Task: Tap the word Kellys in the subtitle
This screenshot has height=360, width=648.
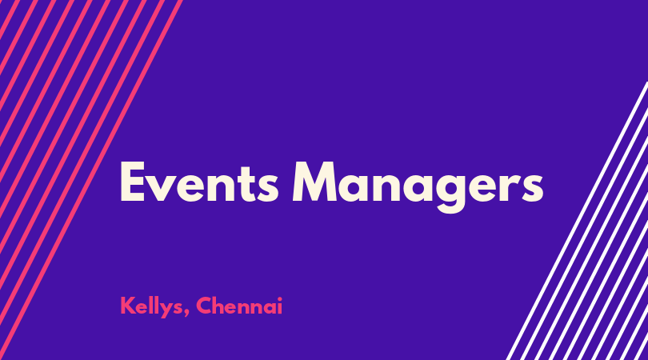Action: coord(151,307)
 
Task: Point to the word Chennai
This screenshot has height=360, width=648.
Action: coord(239,306)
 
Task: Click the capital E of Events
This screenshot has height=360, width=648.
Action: coord(132,182)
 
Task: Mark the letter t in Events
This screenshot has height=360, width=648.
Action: coord(245,184)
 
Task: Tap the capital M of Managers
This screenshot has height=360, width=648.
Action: coord(315,182)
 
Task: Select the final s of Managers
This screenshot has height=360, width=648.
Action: coord(532,188)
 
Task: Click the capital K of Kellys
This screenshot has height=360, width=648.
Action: coord(127,306)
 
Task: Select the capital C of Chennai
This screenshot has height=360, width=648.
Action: coord(204,306)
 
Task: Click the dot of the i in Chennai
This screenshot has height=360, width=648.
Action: coord(280,299)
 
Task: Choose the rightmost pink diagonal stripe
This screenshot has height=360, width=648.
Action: coord(91,180)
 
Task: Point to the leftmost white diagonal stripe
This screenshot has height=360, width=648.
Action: coord(578,221)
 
